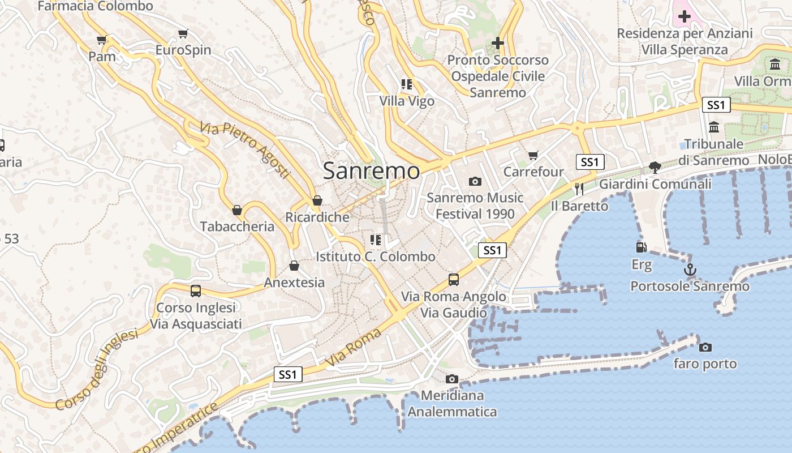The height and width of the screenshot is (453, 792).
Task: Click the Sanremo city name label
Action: tap(372, 171)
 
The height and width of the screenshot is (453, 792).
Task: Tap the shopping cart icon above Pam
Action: tap(102, 40)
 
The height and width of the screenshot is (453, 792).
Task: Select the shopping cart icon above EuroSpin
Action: tap(183, 34)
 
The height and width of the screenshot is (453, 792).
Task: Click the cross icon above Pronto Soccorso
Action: tap(497, 42)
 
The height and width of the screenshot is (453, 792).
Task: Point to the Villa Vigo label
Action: tap(407, 101)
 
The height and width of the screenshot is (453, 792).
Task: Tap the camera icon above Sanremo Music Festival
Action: tap(475, 181)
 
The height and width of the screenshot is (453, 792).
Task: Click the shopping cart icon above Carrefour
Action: tap(533, 155)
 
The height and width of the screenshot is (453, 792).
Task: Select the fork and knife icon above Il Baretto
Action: tap(579, 189)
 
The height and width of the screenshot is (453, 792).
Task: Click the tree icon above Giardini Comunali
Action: tap(655, 167)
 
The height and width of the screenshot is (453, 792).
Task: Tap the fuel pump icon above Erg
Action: tap(641, 247)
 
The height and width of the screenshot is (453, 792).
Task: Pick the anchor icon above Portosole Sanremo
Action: tap(690, 270)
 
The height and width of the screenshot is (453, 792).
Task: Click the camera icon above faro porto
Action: tap(705, 347)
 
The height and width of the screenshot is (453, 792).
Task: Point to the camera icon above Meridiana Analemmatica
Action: tap(451, 379)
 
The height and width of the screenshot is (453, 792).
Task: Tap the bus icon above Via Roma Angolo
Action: tap(454, 279)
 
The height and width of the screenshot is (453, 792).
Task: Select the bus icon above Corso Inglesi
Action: tap(196, 291)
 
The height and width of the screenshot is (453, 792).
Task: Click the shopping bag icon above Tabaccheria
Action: tap(237, 210)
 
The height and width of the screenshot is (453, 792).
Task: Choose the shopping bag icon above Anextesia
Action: tap(294, 266)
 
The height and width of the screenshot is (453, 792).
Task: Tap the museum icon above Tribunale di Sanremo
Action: tap(713, 127)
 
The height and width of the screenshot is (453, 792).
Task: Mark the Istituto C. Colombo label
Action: tap(376, 257)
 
